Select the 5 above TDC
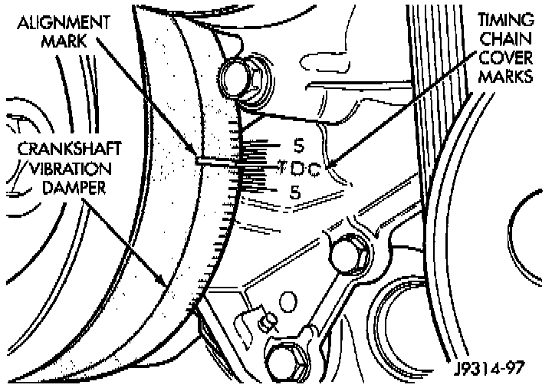(x=298, y=144)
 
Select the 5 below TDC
(x=293, y=192)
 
